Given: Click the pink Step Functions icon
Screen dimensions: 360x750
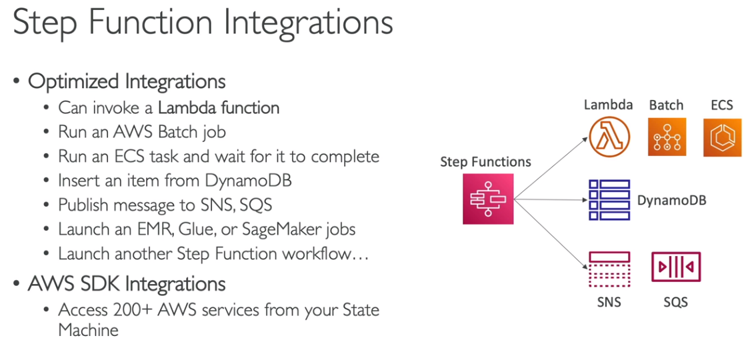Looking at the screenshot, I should (489, 199).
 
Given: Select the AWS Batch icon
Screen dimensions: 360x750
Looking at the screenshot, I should (667, 137).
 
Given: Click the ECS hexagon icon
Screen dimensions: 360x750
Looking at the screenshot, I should (722, 137).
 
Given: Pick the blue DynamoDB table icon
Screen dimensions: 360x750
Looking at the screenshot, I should (609, 199).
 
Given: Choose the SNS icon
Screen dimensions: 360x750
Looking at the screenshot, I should (609, 269).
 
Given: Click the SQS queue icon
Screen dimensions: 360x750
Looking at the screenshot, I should (675, 267).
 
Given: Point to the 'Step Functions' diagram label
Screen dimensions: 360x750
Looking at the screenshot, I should (485, 162).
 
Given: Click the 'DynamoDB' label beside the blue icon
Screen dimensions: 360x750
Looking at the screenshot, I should (671, 200).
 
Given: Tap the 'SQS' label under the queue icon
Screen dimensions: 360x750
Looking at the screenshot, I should (675, 302).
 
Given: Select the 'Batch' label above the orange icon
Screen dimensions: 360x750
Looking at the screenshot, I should (666, 105).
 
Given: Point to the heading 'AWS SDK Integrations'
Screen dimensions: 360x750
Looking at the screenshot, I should (127, 284).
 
